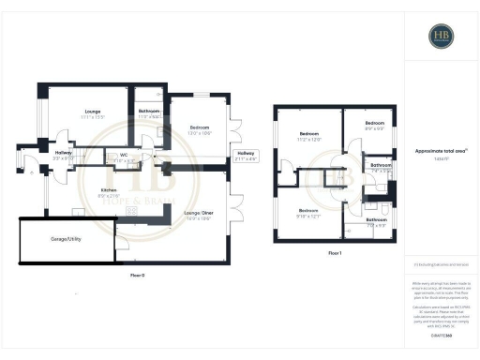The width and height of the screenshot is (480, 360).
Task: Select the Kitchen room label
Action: point(108,193)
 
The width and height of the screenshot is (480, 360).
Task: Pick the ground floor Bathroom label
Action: point(149,112)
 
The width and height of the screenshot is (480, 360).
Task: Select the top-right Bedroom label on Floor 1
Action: point(375,125)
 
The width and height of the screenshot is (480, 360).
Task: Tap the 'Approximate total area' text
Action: point(439,151)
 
